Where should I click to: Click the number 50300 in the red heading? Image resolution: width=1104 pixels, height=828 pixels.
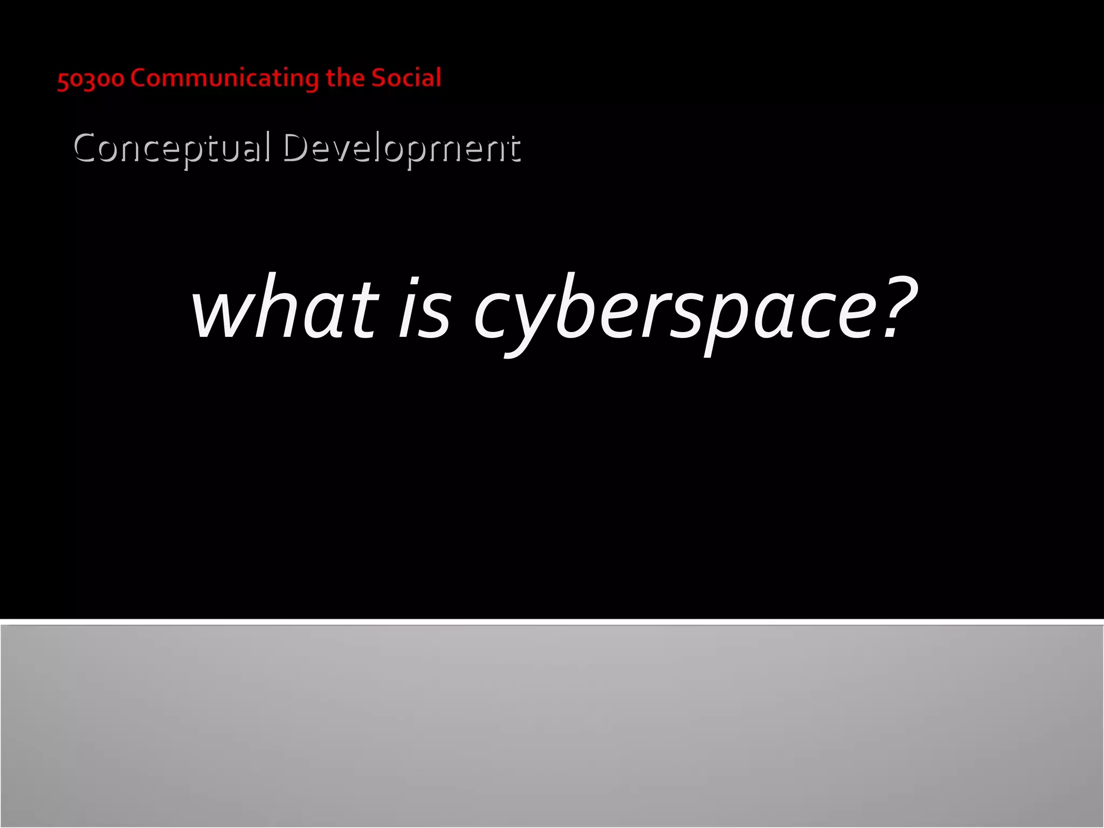point(91,79)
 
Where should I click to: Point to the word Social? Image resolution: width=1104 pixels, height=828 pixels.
point(406,78)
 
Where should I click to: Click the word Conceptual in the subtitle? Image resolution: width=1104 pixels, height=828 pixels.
point(171,148)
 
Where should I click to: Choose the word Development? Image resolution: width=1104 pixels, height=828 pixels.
point(402,148)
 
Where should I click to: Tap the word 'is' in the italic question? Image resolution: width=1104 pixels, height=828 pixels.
point(424,310)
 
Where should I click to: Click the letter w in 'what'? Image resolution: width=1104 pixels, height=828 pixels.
point(222,315)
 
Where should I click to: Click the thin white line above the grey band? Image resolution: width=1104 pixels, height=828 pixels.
point(552,622)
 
